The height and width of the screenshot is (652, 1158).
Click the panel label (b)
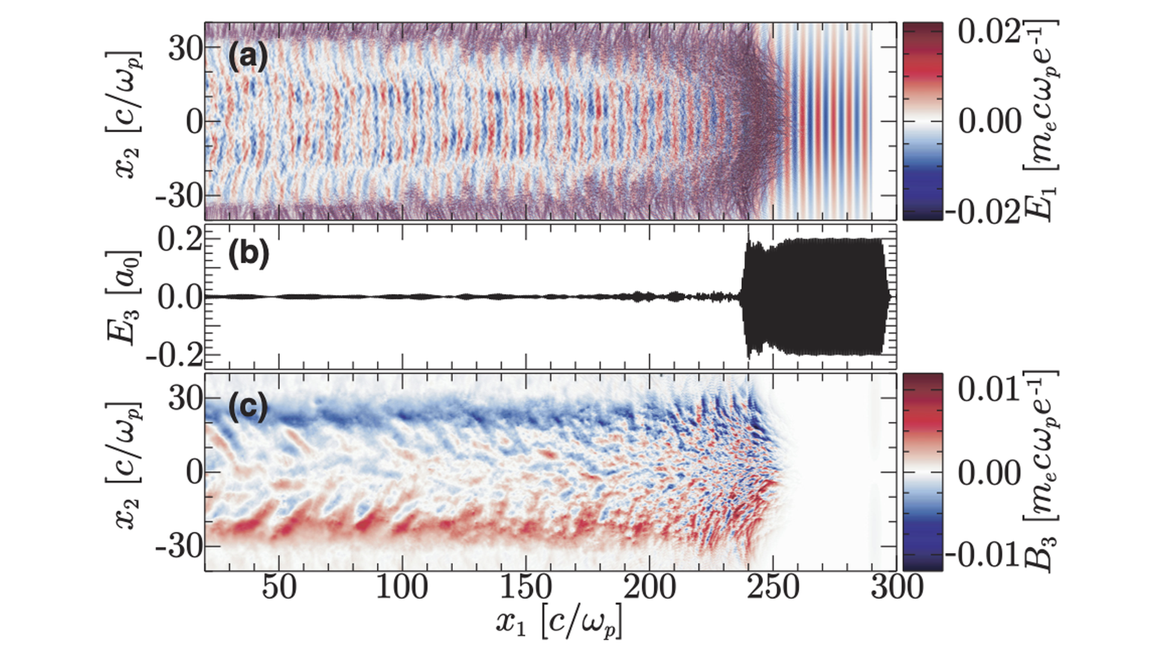tap(248, 254)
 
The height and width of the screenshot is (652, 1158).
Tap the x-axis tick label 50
tap(279, 587)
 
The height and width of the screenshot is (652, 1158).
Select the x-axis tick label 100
tap(402, 587)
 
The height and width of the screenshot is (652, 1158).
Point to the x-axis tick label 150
tap(526, 587)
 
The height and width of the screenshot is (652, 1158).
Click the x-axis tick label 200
tap(650, 587)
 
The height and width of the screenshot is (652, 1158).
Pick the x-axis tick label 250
tap(773, 587)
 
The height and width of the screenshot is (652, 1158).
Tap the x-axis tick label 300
tap(897, 587)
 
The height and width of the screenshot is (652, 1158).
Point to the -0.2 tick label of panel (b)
tap(173, 354)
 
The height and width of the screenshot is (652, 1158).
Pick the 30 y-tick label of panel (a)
tap(185, 48)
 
